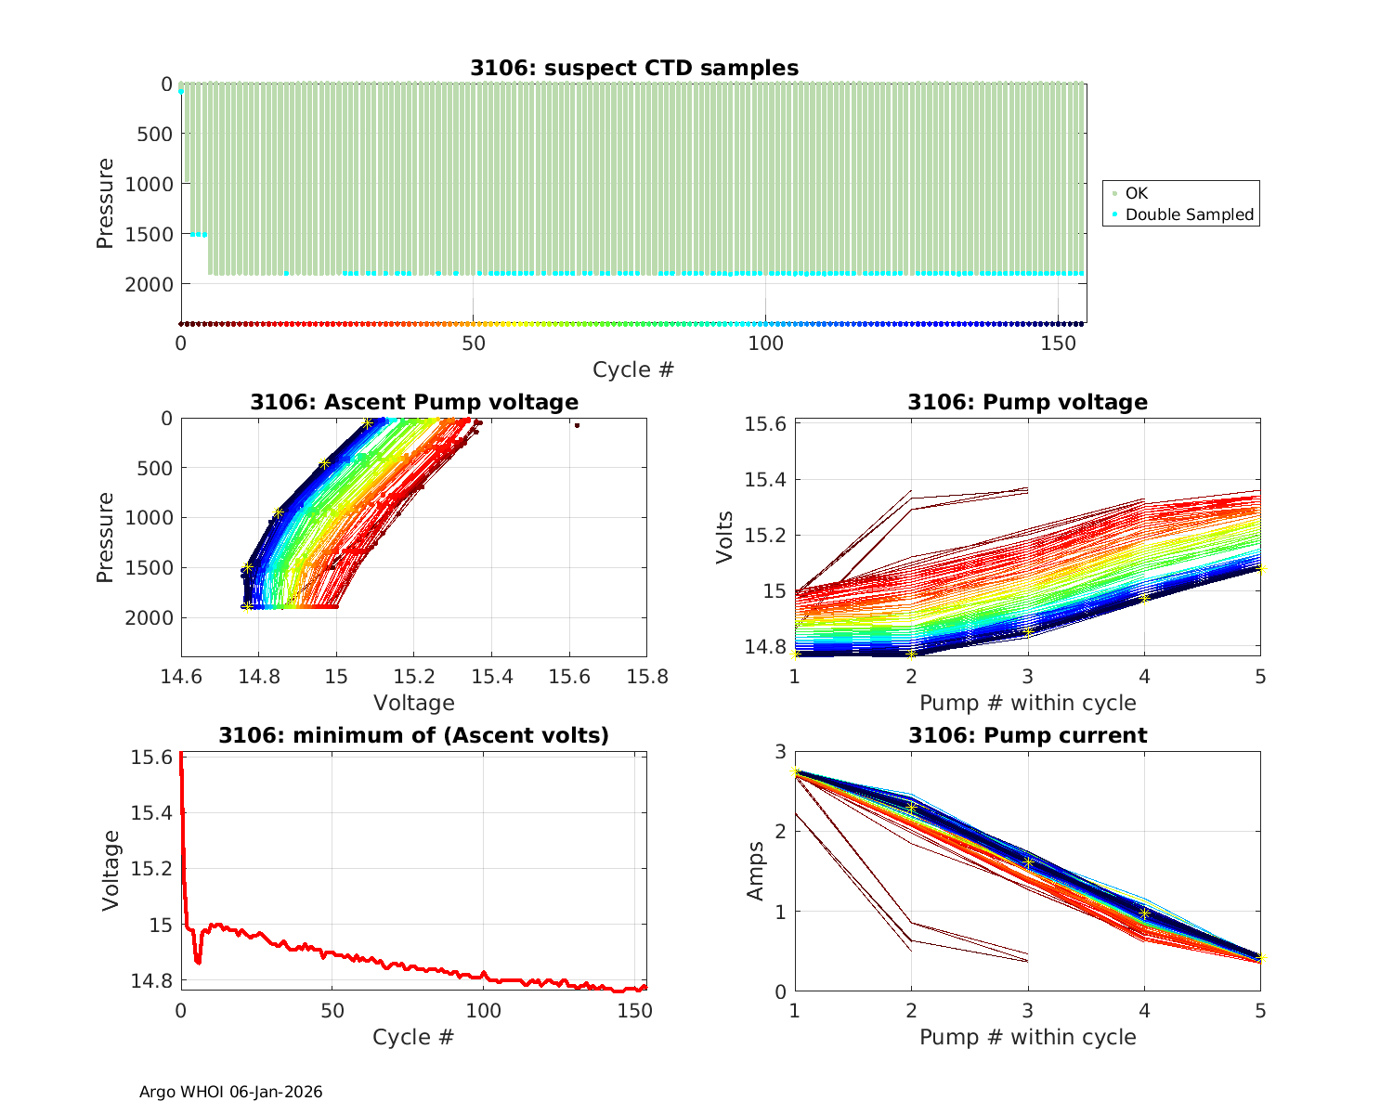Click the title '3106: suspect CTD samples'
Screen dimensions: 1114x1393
633,68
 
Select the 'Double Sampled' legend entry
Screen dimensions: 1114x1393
1189,214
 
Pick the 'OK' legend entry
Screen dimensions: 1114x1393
1136,193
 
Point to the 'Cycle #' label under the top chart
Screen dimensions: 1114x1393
633,369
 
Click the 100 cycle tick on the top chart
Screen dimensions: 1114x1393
765,343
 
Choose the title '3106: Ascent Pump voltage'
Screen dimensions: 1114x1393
413,402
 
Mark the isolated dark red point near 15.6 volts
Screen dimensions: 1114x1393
577,425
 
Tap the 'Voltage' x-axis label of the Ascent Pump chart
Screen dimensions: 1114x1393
413,703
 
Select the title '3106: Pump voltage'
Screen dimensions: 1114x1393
1027,402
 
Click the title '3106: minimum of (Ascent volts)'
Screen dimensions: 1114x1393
413,735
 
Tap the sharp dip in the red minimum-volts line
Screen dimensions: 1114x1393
198,962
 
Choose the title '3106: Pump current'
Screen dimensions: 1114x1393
1027,735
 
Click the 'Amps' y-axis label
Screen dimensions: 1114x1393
756,870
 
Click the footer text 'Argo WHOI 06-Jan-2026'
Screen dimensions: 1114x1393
230,1092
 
